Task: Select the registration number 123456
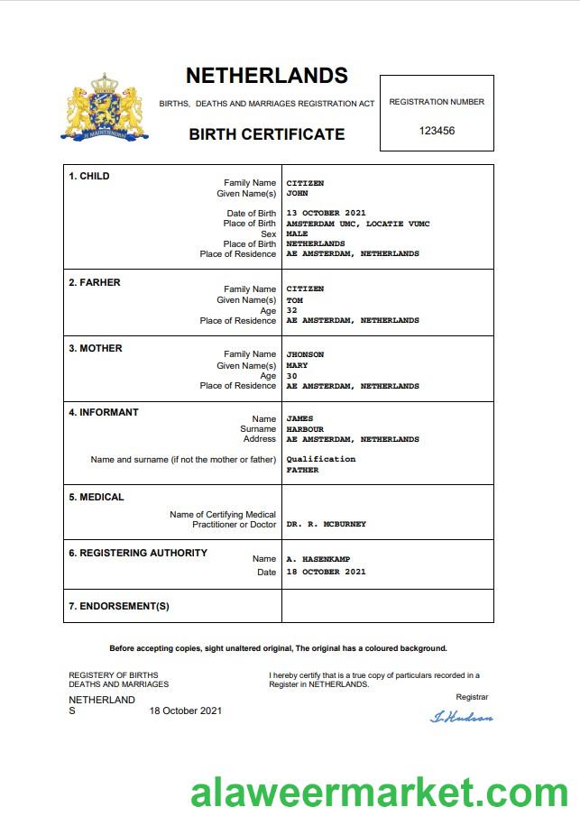pos(437,131)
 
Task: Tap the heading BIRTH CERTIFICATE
pos(266,134)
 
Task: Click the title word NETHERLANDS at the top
pos(266,76)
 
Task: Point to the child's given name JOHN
pos(297,193)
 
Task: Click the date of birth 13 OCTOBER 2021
pos(326,214)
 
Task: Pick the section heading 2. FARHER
pos(95,282)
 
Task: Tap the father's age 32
pos(292,310)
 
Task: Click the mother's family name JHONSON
pos(305,354)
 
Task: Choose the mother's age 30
pos(292,376)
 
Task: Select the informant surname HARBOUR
pos(304,429)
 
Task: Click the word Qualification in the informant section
pos(321,459)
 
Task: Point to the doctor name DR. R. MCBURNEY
pos(326,524)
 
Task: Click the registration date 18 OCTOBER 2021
pos(326,572)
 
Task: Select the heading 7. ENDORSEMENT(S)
pos(119,606)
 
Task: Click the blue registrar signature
pos(462,718)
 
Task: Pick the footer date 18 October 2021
pos(185,710)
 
